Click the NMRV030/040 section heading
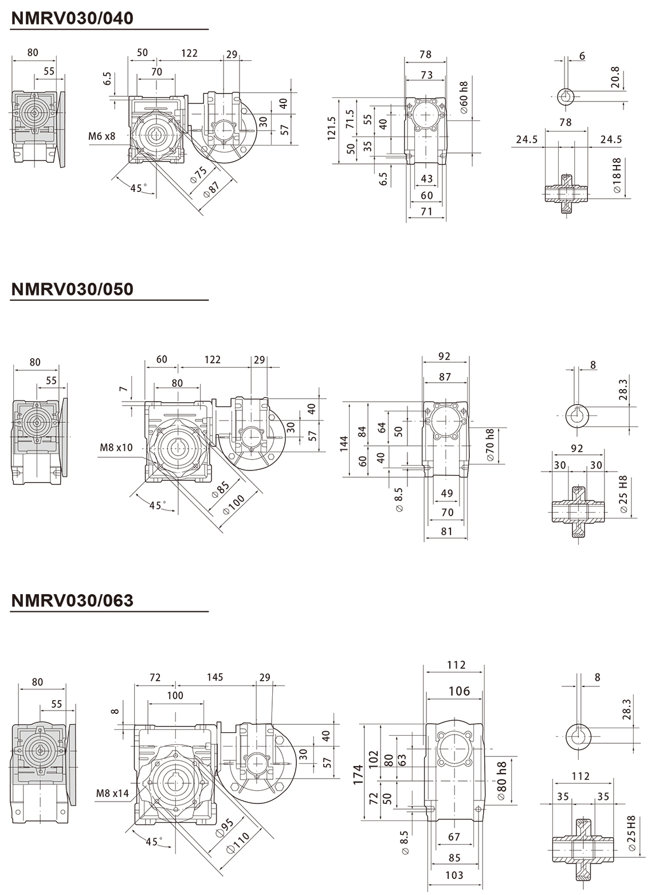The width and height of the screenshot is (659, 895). [72, 18]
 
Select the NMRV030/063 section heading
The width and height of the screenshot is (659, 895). [72, 600]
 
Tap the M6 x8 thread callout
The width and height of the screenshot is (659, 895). [102, 136]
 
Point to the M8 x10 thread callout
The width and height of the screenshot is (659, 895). [116, 447]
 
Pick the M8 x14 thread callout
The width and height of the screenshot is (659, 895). [112, 794]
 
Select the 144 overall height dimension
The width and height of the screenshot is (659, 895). [344, 443]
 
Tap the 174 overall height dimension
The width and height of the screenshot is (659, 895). [358, 773]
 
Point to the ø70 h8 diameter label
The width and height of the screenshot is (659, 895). [490, 445]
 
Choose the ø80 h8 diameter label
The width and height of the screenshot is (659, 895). [502, 780]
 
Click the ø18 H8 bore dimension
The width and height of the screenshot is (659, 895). [617, 175]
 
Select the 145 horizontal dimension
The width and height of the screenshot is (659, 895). [215, 677]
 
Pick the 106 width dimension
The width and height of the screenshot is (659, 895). [459, 691]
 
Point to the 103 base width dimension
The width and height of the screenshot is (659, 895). [454, 875]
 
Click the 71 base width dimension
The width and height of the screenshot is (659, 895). [427, 212]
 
